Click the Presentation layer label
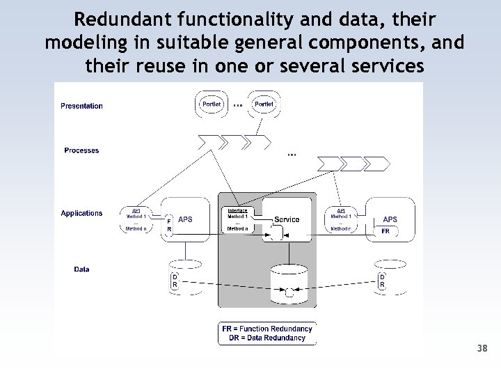click(81, 106)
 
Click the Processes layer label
click(81, 150)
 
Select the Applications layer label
click(81, 213)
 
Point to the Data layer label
click(81, 269)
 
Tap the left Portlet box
click(211, 104)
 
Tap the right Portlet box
click(264, 104)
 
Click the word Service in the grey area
click(287, 219)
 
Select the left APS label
click(185, 219)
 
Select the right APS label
click(390, 219)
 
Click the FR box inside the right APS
click(385, 231)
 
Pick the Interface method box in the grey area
click(238, 219)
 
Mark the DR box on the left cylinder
click(175, 281)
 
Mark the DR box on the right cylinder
click(381, 281)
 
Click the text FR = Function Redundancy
click(267, 328)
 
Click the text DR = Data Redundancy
click(267, 338)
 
